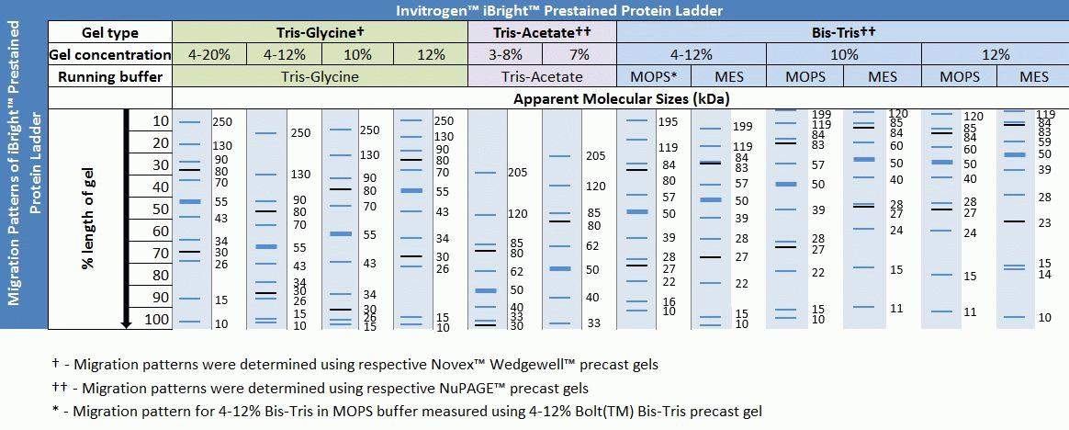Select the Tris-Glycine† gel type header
321,33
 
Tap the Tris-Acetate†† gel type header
542,33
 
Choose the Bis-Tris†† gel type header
842,33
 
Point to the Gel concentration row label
110,55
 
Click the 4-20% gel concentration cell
209,55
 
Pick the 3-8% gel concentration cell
505,55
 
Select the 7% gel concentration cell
580,55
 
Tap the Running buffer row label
110,77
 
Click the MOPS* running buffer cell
653,77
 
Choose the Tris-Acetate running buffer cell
542,77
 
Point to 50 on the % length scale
160,209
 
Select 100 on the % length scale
156,320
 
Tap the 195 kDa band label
668,122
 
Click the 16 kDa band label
669,301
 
